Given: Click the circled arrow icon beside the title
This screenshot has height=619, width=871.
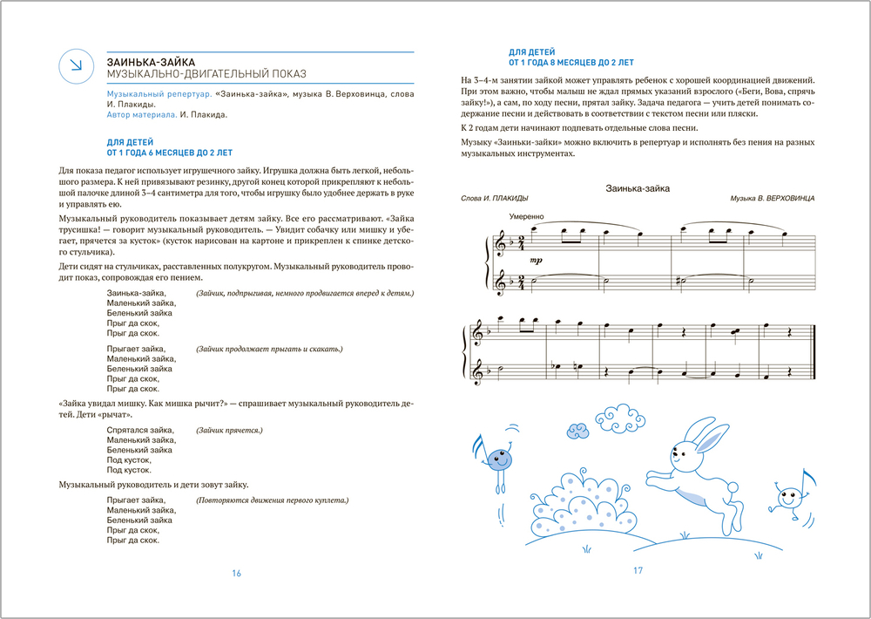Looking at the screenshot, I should [x=76, y=66].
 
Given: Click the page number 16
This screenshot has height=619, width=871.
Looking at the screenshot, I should [x=236, y=573].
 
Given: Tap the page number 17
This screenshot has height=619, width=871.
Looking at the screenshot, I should [x=637, y=571].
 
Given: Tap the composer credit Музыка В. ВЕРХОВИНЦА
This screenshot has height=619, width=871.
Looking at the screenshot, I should [x=773, y=199].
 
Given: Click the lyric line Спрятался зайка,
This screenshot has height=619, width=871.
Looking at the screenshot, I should [x=139, y=431].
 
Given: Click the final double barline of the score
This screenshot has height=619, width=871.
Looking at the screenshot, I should [x=812, y=352].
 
